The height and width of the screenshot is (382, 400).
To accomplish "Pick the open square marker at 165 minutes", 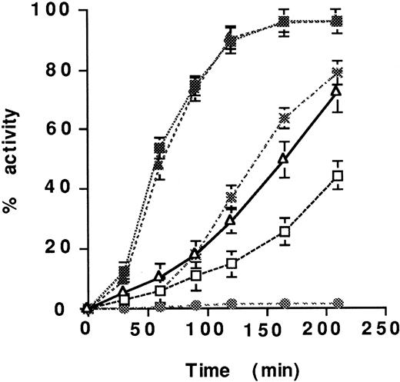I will click(284, 231).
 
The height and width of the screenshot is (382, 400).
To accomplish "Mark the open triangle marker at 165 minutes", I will click(284, 159).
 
